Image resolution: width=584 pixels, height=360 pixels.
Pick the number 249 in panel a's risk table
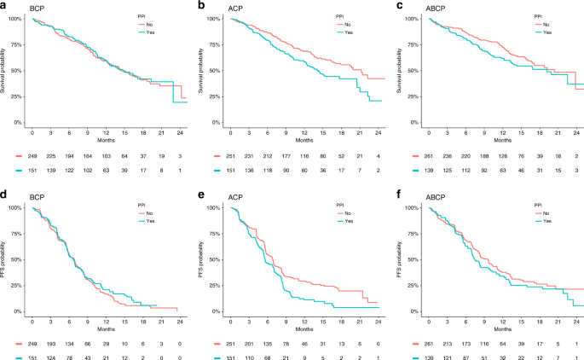[x=32, y=157]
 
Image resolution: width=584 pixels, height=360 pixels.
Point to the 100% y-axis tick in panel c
[x=410, y=18]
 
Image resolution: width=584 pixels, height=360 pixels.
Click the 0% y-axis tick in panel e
[x=213, y=313]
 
